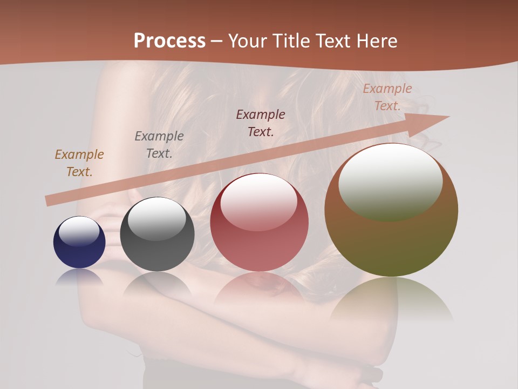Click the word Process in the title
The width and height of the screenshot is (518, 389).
(x=169, y=41)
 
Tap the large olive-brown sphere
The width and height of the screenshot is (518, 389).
(x=391, y=238)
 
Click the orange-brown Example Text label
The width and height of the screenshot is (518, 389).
(x=79, y=163)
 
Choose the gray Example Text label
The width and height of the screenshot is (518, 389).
(x=159, y=145)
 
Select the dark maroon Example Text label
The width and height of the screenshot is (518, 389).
(x=261, y=123)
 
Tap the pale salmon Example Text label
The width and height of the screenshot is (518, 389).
(x=387, y=97)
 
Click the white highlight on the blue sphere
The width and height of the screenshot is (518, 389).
(x=79, y=231)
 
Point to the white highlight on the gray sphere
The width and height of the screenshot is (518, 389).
(x=156, y=219)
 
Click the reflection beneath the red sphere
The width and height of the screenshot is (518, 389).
(x=259, y=289)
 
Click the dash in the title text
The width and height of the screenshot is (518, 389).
(x=217, y=41)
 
